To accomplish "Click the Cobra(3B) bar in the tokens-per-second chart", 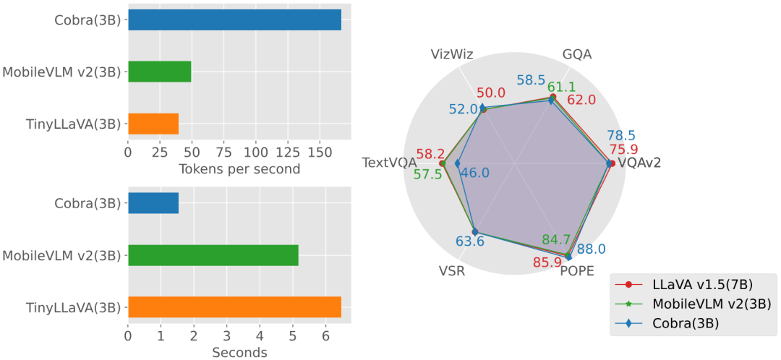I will click(234, 20).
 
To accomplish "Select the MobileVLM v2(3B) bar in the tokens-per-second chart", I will click(159, 72).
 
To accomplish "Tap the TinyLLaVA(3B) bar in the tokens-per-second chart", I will click(153, 124).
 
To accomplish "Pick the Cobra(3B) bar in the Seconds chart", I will click(153, 203).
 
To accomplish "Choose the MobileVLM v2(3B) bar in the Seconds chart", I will click(213, 255).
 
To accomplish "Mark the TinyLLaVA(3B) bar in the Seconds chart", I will click(234, 307).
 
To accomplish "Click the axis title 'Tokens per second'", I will click(239, 169).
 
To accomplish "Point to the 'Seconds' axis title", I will click(239, 353).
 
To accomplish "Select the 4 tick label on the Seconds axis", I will click(260, 336).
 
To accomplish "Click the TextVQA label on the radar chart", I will click(390, 163).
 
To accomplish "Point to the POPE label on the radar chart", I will click(576, 271).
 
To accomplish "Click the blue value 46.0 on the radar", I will click(475, 173).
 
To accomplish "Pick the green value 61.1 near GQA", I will click(561, 87).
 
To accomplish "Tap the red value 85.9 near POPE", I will click(547, 262).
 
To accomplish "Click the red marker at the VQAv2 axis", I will click(612, 163).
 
